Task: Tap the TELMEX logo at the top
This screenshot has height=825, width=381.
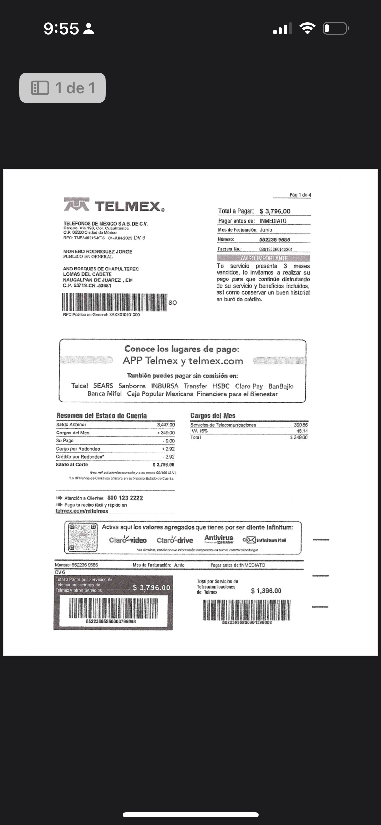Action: click(114, 205)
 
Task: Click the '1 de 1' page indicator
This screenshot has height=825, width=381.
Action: click(63, 88)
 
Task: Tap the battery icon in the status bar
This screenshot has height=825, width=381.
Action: click(336, 28)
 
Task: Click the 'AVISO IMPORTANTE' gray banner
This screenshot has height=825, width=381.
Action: click(263, 258)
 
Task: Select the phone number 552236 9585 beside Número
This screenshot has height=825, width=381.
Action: click(274, 240)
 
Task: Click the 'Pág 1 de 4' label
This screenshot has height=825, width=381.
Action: click(300, 195)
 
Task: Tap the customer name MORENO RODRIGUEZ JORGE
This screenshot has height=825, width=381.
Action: click(98, 252)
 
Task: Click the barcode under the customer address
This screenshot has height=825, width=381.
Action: click(115, 302)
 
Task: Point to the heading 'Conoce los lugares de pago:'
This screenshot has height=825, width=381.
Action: click(182, 349)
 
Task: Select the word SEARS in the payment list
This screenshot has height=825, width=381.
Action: click(103, 386)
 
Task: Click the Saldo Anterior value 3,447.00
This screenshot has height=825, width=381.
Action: click(166, 425)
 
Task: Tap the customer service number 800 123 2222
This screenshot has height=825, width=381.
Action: click(125, 498)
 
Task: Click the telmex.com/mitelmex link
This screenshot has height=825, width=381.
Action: click(82, 511)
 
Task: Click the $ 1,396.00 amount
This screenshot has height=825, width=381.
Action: click(266, 591)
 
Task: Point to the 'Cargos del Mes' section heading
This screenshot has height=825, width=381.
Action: click(213, 416)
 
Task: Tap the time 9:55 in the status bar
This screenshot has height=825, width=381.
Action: click(61, 28)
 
